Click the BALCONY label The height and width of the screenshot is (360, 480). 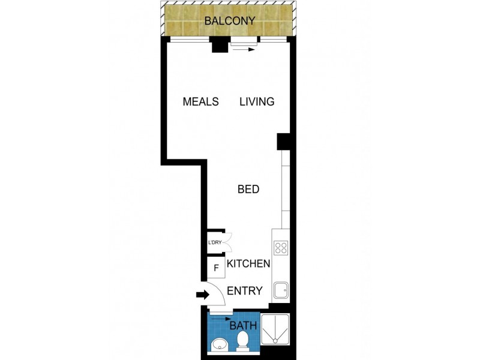coord(230,21)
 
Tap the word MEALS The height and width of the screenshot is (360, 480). coord(200,101)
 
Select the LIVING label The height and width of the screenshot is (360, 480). coord(257,101)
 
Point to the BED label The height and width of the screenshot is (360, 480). coord(248,190)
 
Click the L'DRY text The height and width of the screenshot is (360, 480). coord(215,243)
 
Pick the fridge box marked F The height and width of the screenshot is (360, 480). coord(215,268)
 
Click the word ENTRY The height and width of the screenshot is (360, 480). coord(245,291)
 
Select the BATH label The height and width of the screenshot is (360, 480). coord(244,326)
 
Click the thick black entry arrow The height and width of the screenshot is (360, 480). coord(202,295)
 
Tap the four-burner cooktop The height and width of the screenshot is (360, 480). coord(281,247)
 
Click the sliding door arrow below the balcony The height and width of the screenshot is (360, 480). coord(244,50)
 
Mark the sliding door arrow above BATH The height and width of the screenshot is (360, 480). coord(221,319)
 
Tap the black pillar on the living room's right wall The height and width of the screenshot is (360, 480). coord(283,142)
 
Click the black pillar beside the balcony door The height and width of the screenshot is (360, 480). coord(219,44)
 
